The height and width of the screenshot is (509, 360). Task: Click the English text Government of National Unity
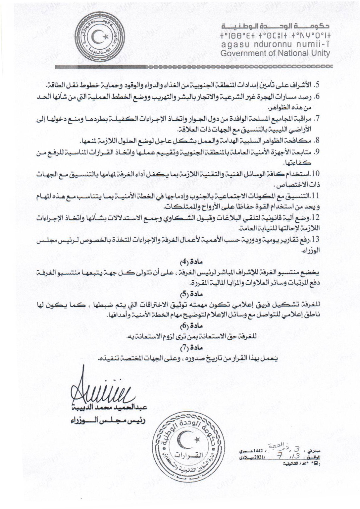click(275, 53)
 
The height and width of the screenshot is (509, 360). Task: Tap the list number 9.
click(317, 151)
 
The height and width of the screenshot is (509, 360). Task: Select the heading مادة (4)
click(180, 262)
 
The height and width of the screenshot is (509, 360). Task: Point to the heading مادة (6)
click(180, 326)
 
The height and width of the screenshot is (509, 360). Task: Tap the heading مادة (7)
click(180, 348)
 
